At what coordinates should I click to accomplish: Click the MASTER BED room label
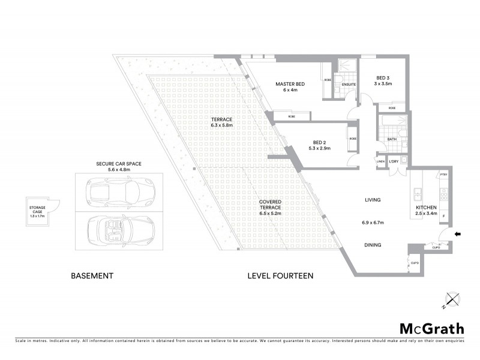(x=290, y=84)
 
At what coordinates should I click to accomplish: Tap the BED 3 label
(x=383, y=78)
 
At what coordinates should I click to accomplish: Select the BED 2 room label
(x=318, y=143)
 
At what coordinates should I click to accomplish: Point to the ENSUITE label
(x=349, y=85)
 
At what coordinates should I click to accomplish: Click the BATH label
(x=392, y=139)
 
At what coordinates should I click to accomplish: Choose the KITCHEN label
(x=428, y=209)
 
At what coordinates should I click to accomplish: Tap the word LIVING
(x=373, y=199)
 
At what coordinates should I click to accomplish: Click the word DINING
(x=373, y=245)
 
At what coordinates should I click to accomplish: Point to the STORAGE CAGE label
(x=37, y=209)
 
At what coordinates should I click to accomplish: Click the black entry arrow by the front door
(x=458, y=235)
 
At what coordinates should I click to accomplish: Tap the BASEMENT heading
(x=92, y=276)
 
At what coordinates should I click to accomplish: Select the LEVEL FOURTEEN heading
(x=280, y=276)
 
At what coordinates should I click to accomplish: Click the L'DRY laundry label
(x=394, y=162)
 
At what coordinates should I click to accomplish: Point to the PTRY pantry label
(x=444, y=175)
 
